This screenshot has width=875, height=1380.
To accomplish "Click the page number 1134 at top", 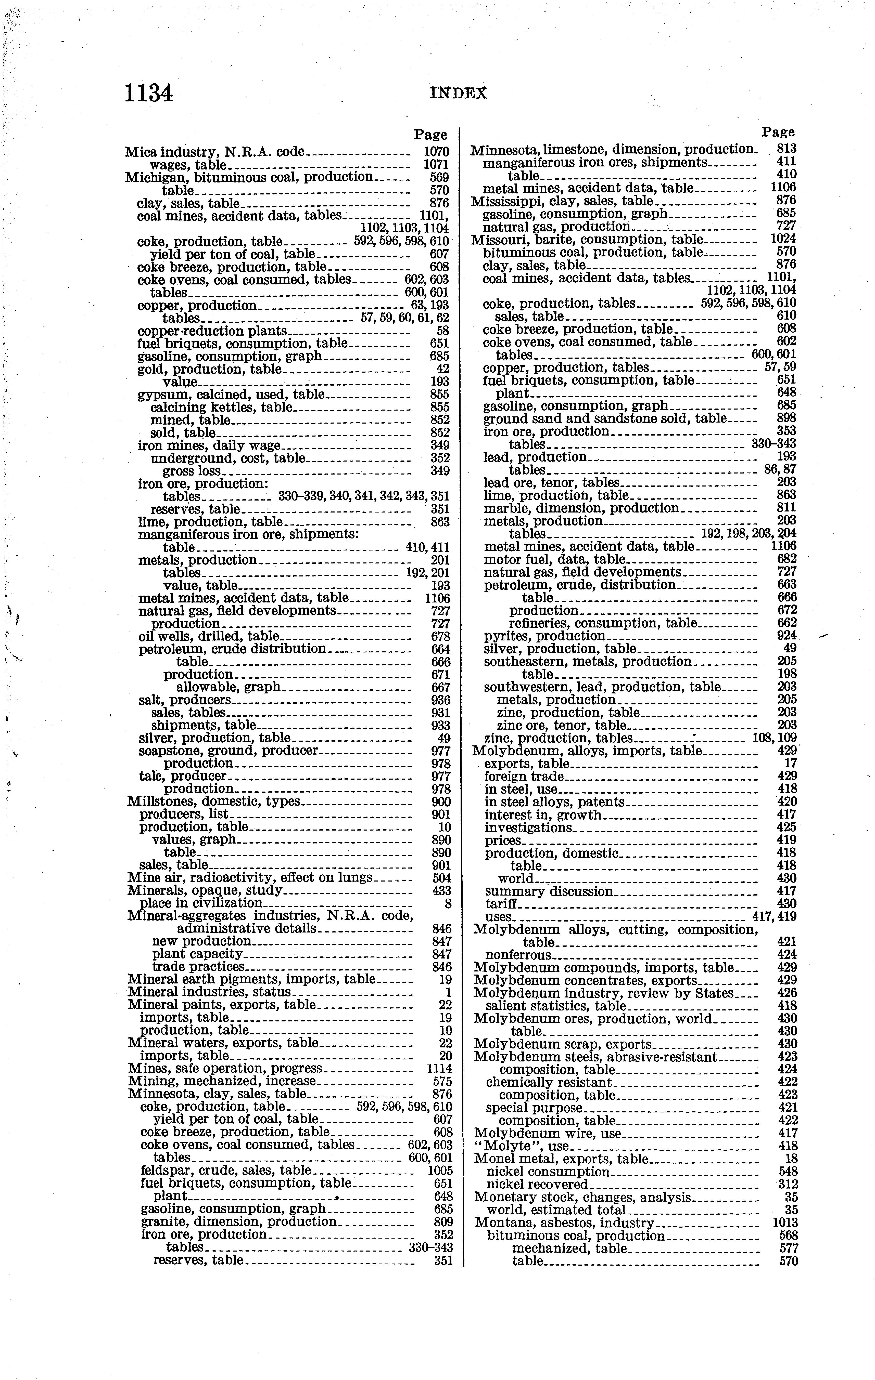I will click(148, 93).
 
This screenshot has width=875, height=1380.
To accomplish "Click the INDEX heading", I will click(458, 94).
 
